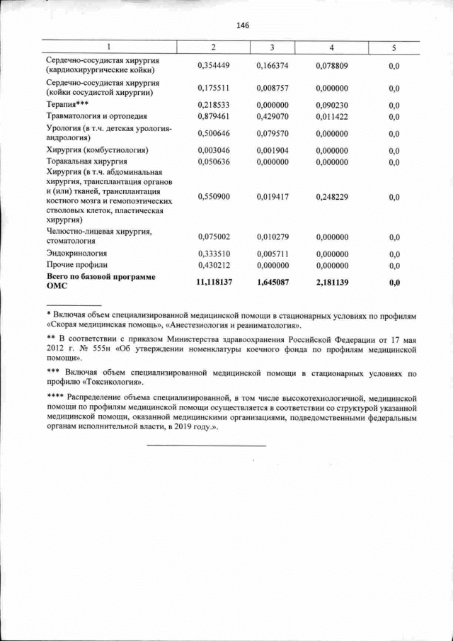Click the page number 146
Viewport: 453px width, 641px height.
point(243,25)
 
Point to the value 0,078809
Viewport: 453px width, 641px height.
point(332,66)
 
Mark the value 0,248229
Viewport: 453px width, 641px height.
point(332,196)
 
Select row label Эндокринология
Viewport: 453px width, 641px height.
point(77,254)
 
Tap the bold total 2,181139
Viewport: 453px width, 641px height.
point(332,282)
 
